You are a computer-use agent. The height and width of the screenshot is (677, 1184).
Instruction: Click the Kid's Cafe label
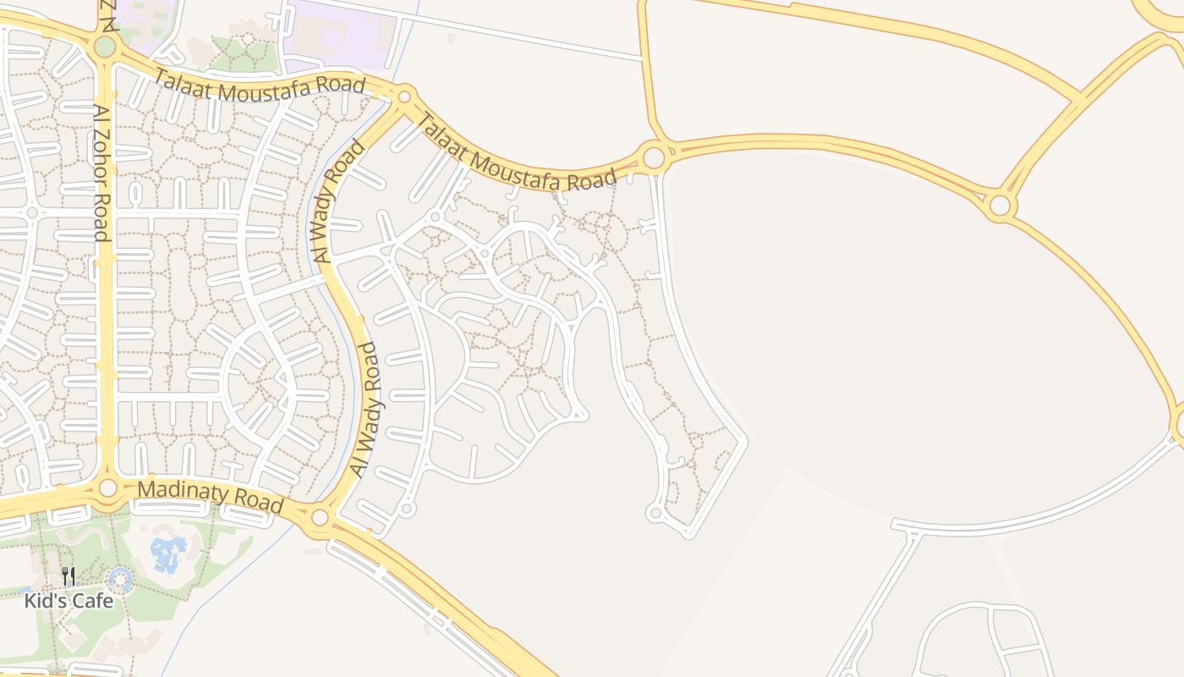tap(69, 601)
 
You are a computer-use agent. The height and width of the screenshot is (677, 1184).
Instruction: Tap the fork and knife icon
tap(69, 577)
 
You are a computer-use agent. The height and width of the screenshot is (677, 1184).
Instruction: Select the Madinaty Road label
tap(210, 496)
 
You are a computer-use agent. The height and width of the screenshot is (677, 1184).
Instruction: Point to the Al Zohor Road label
tap(101, 173)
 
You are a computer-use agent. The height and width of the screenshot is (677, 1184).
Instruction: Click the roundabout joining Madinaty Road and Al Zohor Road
tap(107, 487)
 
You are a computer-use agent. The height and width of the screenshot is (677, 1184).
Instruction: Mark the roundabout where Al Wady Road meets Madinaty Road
tap(320, 517)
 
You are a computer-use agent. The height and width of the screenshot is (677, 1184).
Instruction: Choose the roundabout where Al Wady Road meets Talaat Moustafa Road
tap(404, 96)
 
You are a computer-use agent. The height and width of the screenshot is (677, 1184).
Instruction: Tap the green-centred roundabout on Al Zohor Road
tap(104, 47)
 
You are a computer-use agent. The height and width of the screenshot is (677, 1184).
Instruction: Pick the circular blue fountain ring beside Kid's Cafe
tap(121, 581)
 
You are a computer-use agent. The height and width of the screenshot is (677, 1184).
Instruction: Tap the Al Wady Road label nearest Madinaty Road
tap(367, 410)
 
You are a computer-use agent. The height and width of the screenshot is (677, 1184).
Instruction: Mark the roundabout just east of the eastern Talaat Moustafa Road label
tap(653, 157)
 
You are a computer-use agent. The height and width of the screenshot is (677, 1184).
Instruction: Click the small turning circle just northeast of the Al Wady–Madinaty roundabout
tap(407, 509)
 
